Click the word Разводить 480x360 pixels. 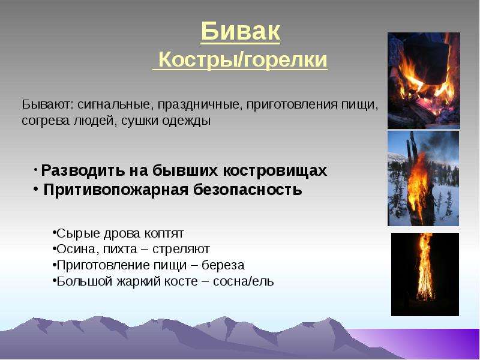coord(83,171)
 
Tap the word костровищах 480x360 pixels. coord(275,171)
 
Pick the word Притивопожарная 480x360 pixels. coord(116,190)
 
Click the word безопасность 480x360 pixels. coord(248,190)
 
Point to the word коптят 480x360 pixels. coord(164,234)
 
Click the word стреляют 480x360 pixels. coord(181,250)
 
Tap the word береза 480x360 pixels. coord(223,265)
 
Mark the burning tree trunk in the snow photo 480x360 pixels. coord(419,181)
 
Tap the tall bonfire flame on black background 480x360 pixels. coord(425,266)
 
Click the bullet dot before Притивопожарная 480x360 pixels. coord(36,189)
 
